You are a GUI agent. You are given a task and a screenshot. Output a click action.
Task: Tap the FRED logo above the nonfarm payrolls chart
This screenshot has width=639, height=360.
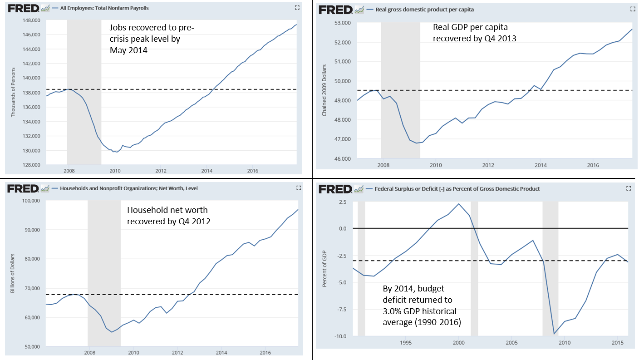tap(23, 8)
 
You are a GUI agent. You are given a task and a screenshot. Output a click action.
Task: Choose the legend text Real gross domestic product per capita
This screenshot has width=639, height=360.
tap(425, 10)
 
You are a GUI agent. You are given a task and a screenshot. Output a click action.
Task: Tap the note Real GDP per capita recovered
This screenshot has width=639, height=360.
tap(475, 33)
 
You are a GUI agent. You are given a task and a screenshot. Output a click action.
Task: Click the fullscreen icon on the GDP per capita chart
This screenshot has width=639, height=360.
tap(633, 9)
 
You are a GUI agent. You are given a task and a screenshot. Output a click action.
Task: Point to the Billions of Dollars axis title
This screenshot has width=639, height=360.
tap(13, 273)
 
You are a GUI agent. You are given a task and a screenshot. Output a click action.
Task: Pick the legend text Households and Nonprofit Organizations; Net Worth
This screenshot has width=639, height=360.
tap(129, 188)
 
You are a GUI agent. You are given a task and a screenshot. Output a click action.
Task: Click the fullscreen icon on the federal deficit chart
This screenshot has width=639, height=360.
tap(629, 188)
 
